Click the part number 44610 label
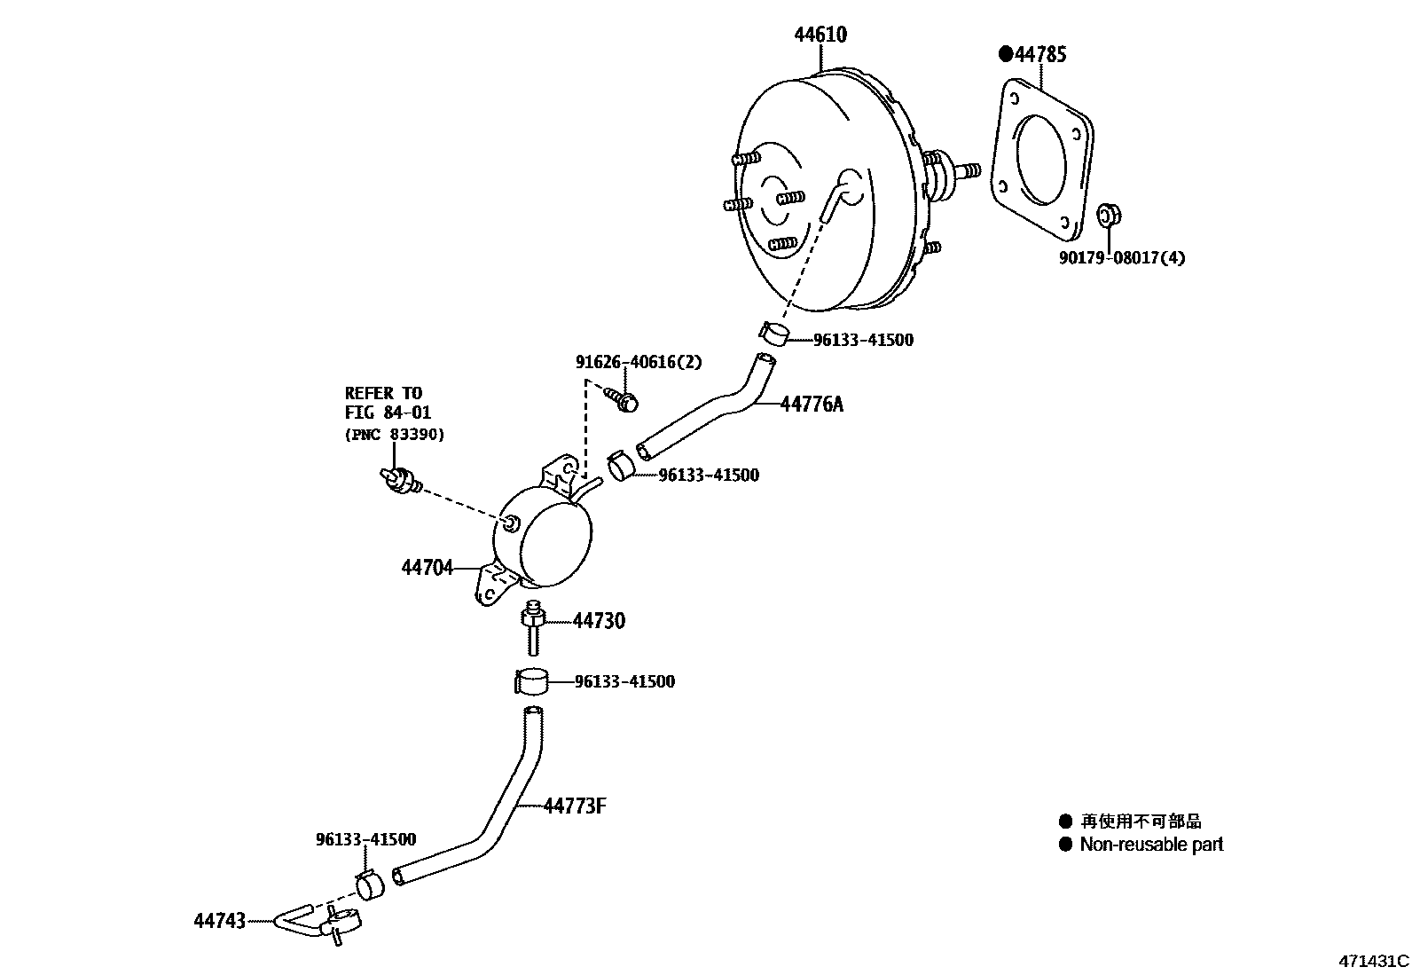(820, 35)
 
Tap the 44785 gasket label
(1039, 55)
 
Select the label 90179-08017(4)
(1121, 258)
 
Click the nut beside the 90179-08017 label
(1109, 215)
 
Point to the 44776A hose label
(812, 405)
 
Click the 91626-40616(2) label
(638, 362)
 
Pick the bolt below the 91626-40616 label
(621, 398)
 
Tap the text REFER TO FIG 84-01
(383, 403)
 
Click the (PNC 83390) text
(394, 435)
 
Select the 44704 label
(427, 567)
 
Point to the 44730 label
(599, 621)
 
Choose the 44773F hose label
(575, 806)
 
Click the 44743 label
(219, 921)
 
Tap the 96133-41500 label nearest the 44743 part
(365, 839)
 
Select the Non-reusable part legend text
(1151, 845)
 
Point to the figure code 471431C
(1373, 961)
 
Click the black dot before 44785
(1006, 54)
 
